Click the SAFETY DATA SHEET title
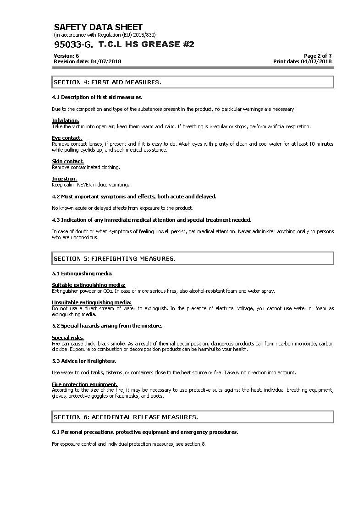point(98,27)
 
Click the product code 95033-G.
point(73,44)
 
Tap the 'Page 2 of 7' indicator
point(318,56)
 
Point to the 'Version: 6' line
point(66,56)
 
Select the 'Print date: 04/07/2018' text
point(302,61)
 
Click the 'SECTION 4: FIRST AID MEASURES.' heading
point(107,82)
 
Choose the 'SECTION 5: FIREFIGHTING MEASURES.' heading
point(115,259)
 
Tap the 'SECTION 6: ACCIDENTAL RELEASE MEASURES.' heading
point(126,417)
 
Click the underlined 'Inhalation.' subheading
point(66,121)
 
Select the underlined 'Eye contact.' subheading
point(67,138)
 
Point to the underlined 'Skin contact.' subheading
point(68,161)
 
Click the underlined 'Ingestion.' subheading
point(64,179)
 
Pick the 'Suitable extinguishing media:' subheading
point(88,285)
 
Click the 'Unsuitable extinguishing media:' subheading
point(92,302)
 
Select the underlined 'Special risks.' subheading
point(68,338)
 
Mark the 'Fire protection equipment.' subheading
point(85,384)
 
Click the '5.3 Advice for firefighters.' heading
point(84,361)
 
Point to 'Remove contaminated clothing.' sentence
point(86,167)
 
